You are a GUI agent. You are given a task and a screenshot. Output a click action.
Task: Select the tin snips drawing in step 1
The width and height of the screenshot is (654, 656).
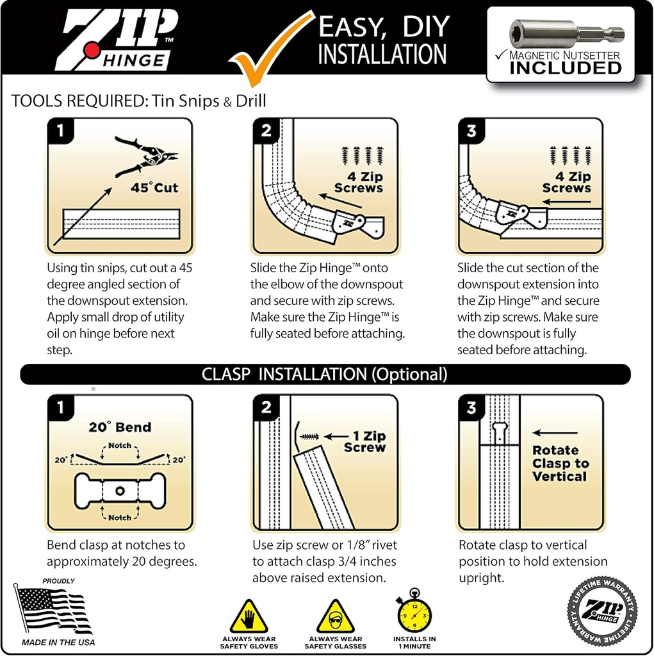click(x=146, y=156)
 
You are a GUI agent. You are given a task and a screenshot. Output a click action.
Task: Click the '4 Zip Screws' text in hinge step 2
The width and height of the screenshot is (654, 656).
click(x=359, y=182)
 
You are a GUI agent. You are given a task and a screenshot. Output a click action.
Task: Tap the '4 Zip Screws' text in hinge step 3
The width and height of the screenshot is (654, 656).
click(x=566, y=182)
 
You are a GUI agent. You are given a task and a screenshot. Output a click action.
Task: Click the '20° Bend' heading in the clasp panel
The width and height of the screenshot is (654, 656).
click(x=120, y=427)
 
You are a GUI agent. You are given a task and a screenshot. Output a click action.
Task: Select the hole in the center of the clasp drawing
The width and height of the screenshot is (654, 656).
click(x=120, y=491)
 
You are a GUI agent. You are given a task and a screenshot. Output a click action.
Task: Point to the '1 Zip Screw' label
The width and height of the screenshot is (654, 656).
click(x=364, y=441)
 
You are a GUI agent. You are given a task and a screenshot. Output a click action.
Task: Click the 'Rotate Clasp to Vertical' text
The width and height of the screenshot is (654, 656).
click(x=559, y=463)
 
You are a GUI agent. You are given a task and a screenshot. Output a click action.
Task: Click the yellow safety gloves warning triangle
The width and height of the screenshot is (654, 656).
click(x=249, y=617)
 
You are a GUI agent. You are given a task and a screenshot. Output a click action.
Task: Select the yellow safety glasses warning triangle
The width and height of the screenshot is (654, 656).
click(x=335, y=617)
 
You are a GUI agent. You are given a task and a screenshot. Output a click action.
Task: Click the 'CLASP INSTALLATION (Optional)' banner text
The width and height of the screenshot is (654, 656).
click(x=325, y=374)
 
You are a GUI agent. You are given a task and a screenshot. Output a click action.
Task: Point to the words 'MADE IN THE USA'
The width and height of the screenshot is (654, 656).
click(x=58, y=642)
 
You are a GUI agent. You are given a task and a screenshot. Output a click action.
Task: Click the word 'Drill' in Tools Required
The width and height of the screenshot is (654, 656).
click(x=250, y=101)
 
